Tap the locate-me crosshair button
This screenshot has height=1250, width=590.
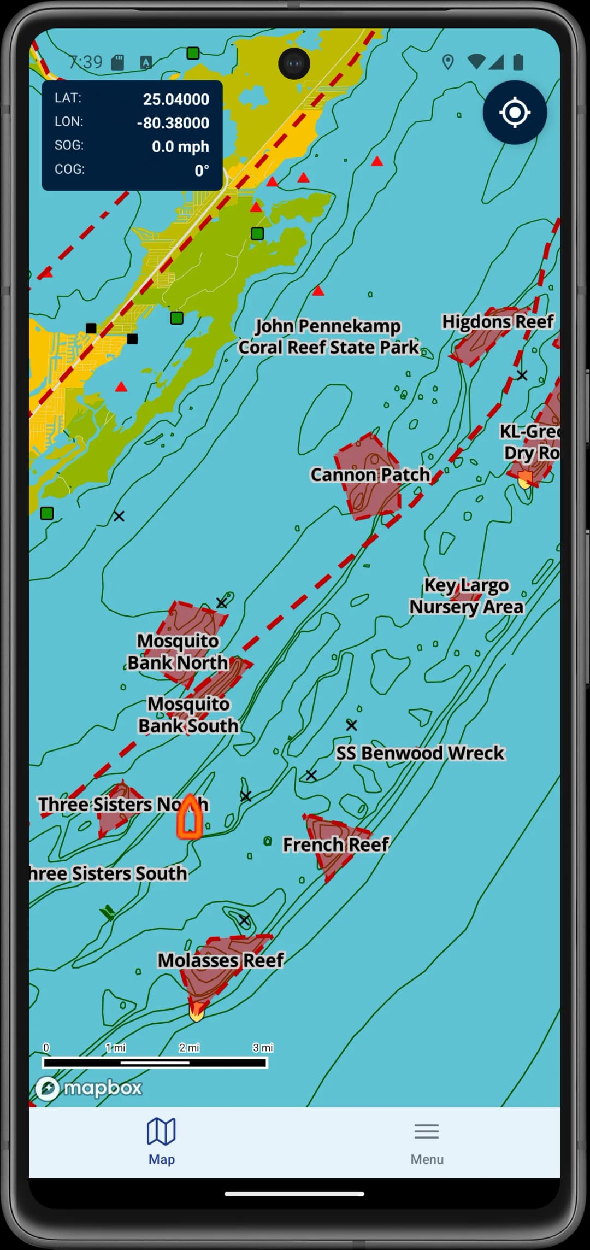coord(515,113)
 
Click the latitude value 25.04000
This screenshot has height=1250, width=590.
coord(176,99)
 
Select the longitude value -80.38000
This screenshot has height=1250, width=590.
coord(173,123)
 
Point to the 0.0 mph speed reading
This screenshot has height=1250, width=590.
coord(180,146)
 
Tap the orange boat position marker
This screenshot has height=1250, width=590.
coord(190,817)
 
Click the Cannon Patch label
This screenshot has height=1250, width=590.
coord(370,474)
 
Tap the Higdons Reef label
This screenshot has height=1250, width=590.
coord(498,321)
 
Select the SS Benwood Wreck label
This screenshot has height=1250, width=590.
coord(420,753)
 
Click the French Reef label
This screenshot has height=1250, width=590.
coord(335,844)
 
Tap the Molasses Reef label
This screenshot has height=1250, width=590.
coord(221,960)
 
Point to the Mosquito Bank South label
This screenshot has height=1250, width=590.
coord(188,714)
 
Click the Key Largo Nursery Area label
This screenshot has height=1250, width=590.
coord(467,596)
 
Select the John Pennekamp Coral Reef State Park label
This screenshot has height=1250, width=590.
coord(328,336)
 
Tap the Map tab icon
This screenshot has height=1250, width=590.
coord(161,1131)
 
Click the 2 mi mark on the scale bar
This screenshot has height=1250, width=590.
coord(189,1047)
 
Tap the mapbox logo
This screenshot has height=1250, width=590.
coord(89,1088)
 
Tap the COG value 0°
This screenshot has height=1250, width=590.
coord(202,171)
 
